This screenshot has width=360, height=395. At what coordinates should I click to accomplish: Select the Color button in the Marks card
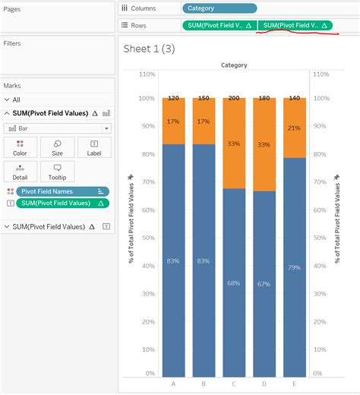coord(20,147)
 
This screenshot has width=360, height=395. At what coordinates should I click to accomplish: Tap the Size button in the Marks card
coord(57,147)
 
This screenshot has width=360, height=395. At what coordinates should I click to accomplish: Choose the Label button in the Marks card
coord(94,147)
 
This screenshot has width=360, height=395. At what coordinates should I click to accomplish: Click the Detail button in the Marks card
coord(20,171)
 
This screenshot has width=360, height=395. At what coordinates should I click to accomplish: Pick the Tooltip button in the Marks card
coord(57,171)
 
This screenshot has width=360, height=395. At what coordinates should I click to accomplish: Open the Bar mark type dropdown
coord(57,128)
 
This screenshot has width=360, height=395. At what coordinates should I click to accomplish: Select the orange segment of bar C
coord(234,144)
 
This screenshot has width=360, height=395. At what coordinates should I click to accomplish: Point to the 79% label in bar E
coord(294,267)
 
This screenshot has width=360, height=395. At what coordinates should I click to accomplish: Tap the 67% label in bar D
coord(264,283)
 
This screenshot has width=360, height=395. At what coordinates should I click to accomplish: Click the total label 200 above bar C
coord(234,99)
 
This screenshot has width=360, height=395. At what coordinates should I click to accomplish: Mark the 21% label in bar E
coord(294,128)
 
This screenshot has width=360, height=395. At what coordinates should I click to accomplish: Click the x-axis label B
coord(204,384)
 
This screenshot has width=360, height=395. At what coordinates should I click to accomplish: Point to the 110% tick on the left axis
coord(147,74)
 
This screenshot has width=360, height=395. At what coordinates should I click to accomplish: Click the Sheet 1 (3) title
coord(149,49)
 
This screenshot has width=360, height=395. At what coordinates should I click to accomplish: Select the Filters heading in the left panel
coord(12,43)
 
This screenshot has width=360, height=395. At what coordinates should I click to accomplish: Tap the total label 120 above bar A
coord(173,99)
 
